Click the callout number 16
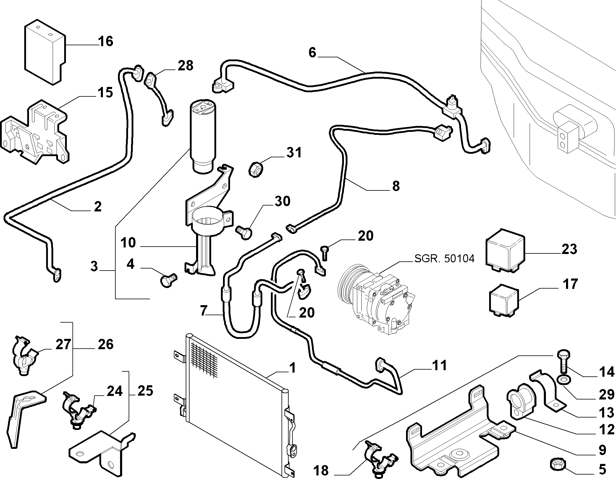coord(106,41)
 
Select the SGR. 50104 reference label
coord(444,259)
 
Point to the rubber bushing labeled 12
coord(521,401)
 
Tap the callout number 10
coord(128,243)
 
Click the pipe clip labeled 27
coord(24,355)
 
